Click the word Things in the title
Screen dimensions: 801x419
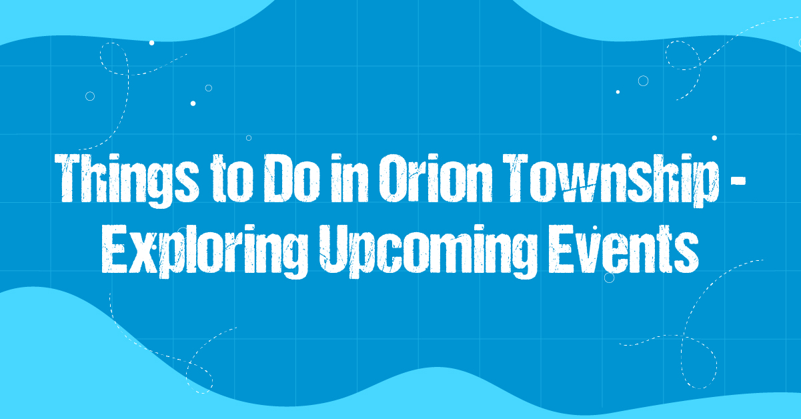coord(127,181)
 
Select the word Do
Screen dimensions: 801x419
coord(292,178)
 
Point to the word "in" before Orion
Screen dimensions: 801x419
coord(349,178)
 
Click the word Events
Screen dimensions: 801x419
coord(624,249)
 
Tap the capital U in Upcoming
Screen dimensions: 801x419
coord(334,249)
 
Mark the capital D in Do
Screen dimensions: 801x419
coord(277,178)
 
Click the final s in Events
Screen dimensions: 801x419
coord(686,255)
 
